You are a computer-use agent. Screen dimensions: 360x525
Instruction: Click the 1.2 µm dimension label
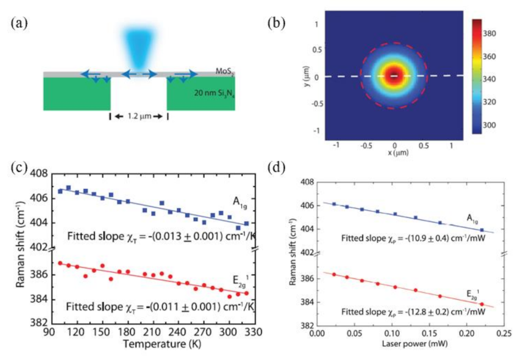click(x=138, y=116)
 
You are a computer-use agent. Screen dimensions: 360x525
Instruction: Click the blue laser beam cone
click(x=138, y=46)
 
